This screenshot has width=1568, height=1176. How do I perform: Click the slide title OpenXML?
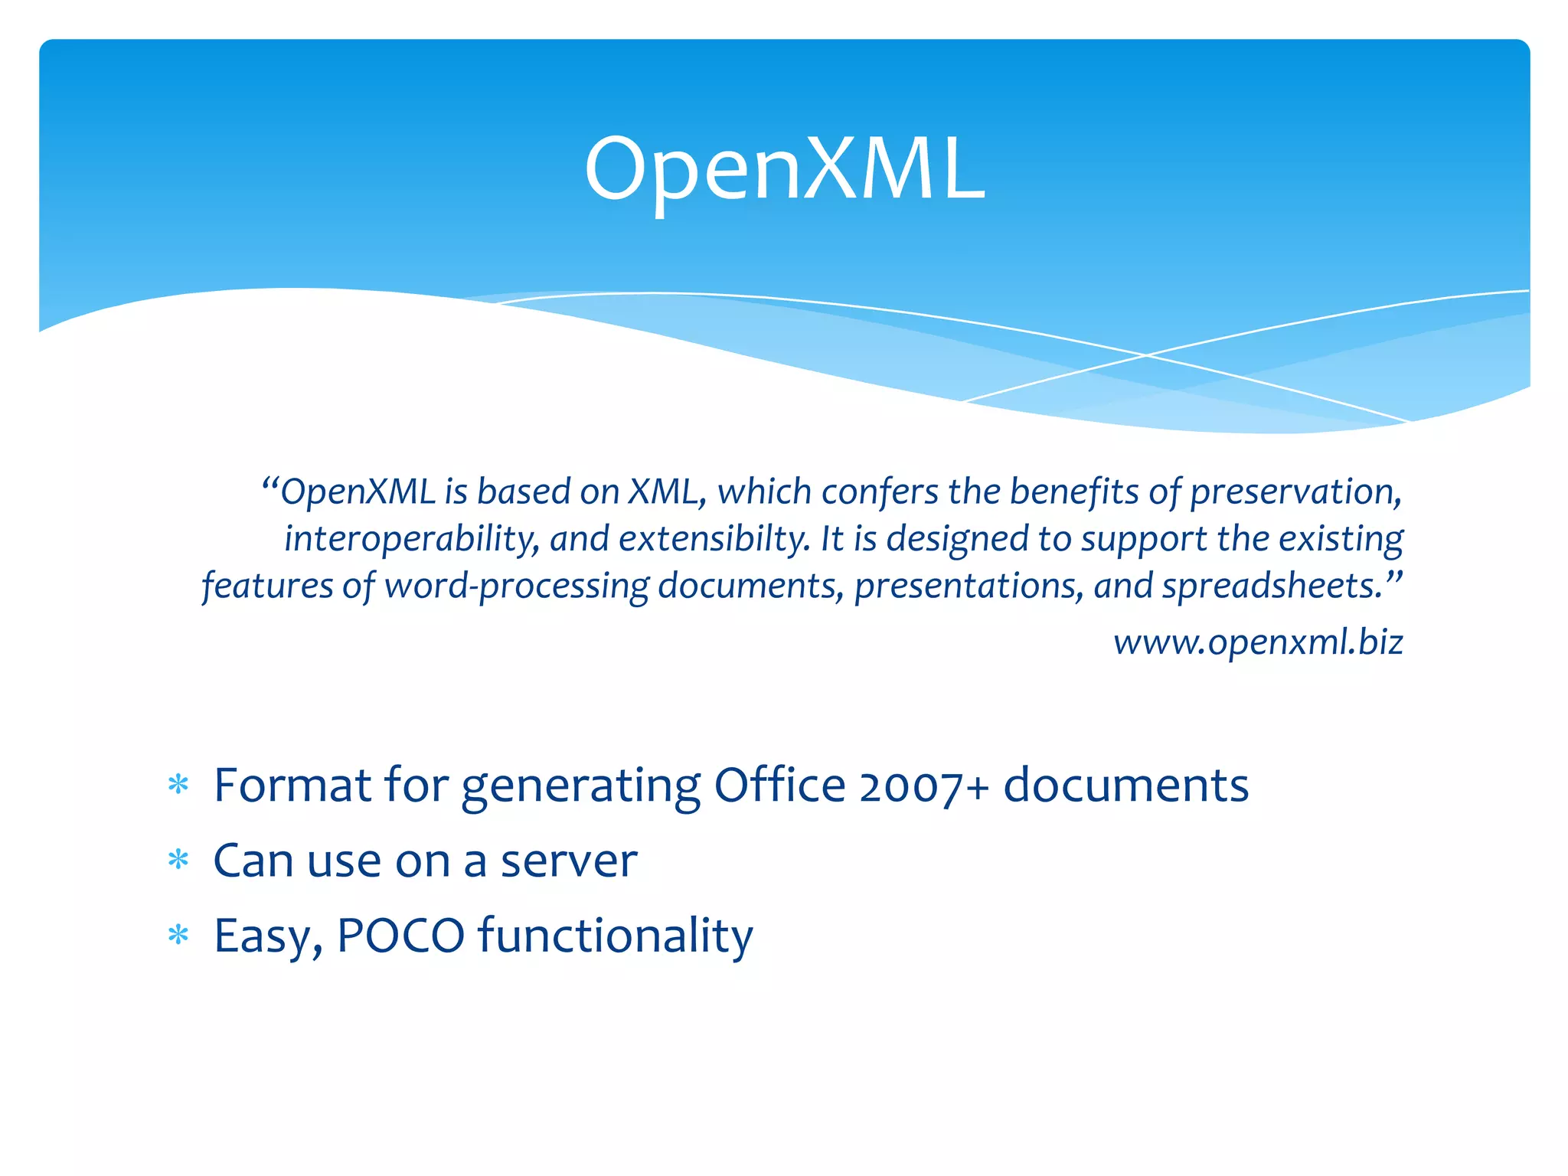point(784,170)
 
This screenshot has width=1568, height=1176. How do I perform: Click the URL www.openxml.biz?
point(1258,642)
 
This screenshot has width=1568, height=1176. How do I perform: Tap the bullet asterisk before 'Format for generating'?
point(178,786)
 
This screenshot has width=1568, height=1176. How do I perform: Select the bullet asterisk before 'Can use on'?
point(178,861)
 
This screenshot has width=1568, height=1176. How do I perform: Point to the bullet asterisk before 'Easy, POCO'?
point(178,936)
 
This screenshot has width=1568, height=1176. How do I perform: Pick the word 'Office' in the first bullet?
point(779,786)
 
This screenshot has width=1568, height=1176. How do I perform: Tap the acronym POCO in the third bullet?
point(400,936)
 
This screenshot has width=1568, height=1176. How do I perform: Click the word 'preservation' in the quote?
point(1295,492)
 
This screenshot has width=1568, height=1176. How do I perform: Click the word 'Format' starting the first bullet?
point(292,786)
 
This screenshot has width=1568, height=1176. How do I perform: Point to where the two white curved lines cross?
point(1146,355)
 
